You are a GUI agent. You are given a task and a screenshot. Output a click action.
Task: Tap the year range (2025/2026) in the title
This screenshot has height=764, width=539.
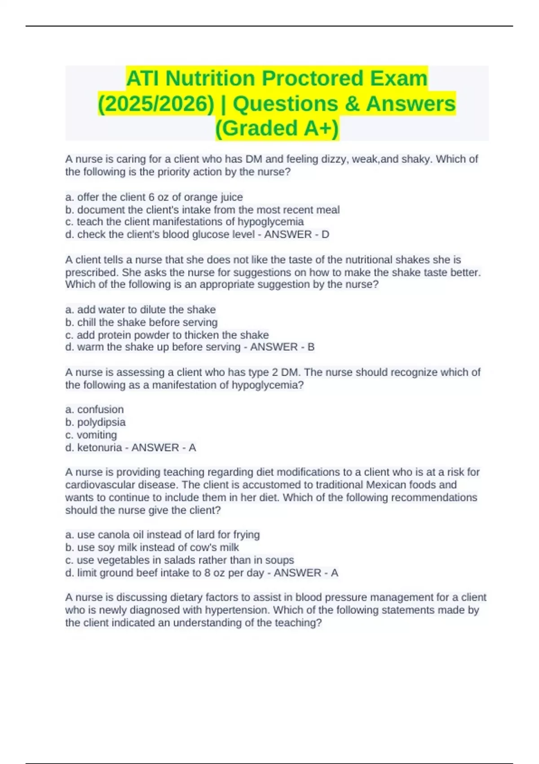pyautogui.click(x=156, y=104)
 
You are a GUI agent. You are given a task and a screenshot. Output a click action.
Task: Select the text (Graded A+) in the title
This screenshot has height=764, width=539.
pyautogui.click(x=277, y=128)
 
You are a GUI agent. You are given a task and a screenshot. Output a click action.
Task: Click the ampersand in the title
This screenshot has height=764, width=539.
pyautogui.click(x=352, y=104)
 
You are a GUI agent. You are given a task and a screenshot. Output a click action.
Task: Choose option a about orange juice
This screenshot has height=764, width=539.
pyautogui.click(x=154, y=197)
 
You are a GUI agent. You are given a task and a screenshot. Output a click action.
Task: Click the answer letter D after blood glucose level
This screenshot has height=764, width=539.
pyautogui.click(x=325, y=235)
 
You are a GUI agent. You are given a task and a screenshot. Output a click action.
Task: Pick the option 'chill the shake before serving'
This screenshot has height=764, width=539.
pyautogui.click(x=141, y=322)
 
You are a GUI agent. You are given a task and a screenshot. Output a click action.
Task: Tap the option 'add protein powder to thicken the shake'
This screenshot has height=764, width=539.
pyautogui.click(x=167, y=335)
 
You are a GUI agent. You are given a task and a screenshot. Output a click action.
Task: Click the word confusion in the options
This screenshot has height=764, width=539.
pyautogui.click(x=100, y=409)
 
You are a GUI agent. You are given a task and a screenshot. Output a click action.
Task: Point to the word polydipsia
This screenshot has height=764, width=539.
pyautogui.click(x=101, y=422)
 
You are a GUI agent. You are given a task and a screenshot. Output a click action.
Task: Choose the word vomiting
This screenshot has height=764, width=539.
pyautogui.click(x=97, y=435)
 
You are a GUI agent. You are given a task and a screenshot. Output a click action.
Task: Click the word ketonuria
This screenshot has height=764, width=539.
pyautogui.click(x=99, y=448)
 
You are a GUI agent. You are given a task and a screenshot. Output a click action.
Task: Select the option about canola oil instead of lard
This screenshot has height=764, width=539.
pyautogui.click(x=163, y=535)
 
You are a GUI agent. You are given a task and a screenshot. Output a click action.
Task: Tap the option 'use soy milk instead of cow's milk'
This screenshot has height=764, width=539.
pyautogui.click(x=152, y=547)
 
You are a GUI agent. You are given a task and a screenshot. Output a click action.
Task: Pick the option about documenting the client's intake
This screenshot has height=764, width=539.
pyautogui.click(x=203, y=210)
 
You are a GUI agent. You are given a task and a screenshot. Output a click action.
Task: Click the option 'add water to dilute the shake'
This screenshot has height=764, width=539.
pyautogui.click(x=141, y=310)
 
